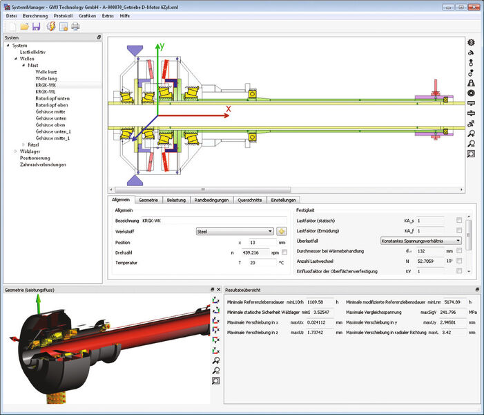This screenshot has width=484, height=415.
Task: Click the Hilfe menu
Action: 124,15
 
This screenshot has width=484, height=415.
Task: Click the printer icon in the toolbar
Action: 75,27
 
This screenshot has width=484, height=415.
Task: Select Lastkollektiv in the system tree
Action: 32,52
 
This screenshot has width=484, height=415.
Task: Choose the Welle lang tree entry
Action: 48,78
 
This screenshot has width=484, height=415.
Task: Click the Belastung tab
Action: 176,200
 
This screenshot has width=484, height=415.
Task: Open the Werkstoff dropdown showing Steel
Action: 235,231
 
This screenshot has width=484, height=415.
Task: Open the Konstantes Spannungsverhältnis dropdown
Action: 420,240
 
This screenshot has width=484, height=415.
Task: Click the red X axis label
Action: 228,108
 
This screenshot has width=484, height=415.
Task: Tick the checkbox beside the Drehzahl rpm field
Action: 284,252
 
